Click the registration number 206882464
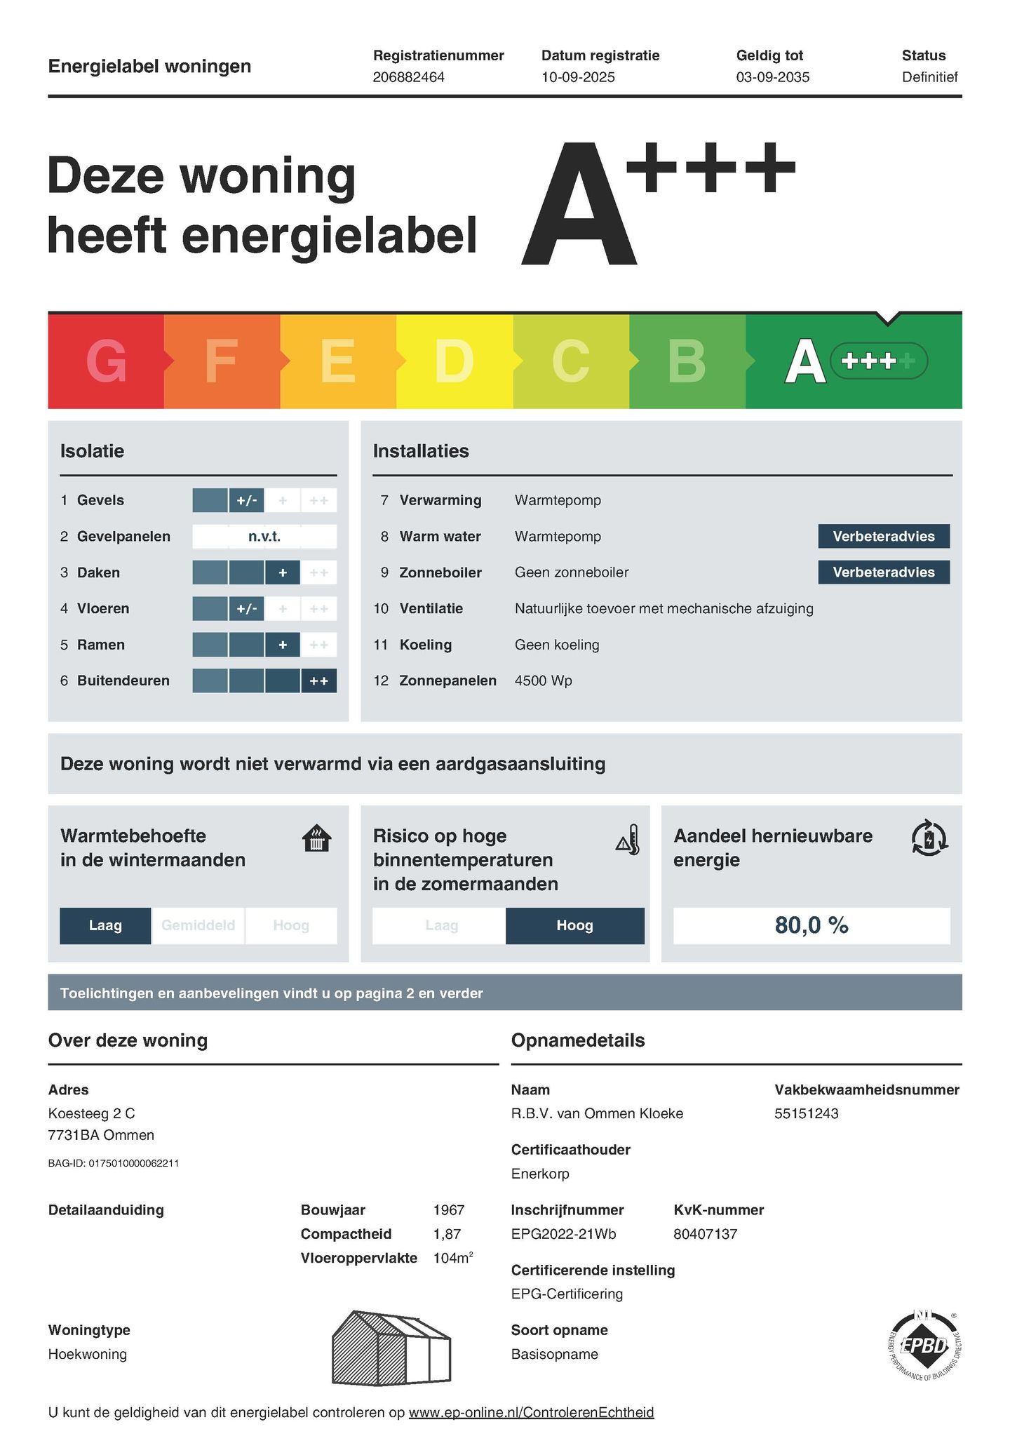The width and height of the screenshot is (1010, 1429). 408,77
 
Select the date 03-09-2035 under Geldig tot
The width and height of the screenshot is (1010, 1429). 772,77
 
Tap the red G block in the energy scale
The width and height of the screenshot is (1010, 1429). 106,361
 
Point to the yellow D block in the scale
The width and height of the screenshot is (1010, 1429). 454,361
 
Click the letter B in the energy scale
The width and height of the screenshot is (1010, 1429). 686,361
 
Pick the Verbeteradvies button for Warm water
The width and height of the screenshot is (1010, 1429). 883,537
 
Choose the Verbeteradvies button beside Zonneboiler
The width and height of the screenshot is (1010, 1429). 883,572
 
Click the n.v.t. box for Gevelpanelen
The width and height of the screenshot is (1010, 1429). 264,537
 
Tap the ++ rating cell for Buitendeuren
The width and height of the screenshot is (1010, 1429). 318,680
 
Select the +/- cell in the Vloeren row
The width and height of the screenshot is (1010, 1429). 247,609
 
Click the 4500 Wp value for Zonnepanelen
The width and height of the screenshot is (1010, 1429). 543,680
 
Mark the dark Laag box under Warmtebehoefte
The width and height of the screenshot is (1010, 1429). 105,925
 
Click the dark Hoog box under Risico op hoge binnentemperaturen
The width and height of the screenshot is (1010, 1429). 574,925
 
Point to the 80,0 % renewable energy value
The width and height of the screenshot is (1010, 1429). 812,925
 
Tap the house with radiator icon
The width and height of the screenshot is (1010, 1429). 316,838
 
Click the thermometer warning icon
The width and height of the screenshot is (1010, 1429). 628,840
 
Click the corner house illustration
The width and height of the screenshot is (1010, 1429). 390,1348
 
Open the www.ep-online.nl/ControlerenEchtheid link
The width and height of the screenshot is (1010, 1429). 531,1412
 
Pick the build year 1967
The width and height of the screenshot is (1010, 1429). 449,1210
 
